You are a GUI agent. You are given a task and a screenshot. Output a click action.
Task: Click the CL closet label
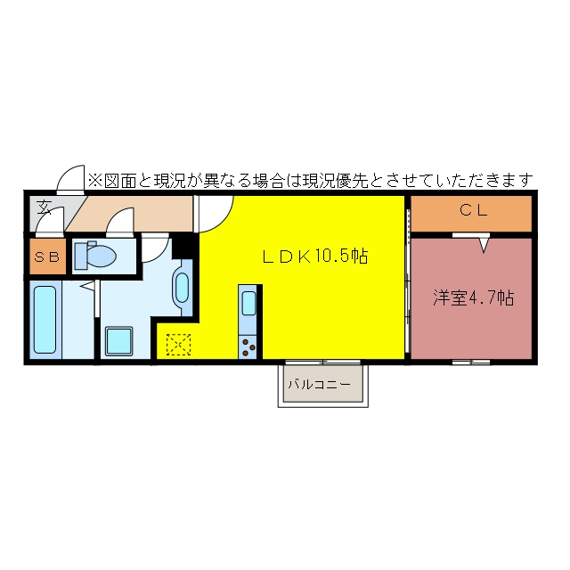(473, 210)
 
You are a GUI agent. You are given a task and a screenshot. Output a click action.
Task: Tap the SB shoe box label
(47, 257)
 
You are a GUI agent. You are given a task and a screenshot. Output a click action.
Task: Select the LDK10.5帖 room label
(315, 256)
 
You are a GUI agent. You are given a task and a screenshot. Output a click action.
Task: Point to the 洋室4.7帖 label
(473, 297)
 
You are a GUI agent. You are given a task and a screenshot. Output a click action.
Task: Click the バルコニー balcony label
(320, 384)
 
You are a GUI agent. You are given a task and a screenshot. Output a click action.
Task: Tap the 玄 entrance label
(44, 207)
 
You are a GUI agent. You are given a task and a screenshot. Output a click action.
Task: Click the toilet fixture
(95, 255)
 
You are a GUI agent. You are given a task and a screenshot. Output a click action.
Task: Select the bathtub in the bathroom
(45, 320)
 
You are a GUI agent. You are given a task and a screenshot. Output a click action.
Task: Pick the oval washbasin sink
(182, 288)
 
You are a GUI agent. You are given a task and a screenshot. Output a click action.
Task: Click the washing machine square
(118, 341)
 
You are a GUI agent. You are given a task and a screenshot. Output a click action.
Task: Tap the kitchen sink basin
(249, 303)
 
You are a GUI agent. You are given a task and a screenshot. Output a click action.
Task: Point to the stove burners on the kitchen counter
(248, 347)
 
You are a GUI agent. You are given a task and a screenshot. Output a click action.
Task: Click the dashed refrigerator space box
(178, 345)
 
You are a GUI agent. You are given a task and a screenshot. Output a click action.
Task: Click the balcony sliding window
(322, 362)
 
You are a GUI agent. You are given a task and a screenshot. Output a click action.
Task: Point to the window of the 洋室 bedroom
(471, 362)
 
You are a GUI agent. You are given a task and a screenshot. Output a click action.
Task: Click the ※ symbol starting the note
(95, 181)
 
